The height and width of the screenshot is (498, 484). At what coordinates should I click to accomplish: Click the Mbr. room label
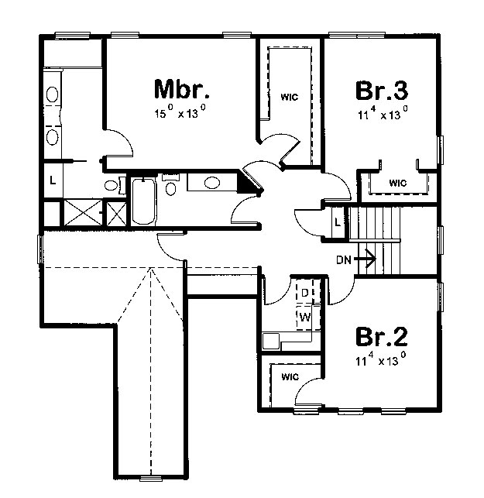pos(182,90)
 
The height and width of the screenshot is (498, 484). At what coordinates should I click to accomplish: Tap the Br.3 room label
pos(382,91)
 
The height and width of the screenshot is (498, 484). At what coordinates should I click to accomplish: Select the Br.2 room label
pos(381,337)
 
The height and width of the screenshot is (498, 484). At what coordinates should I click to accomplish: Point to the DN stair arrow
pos(365,259)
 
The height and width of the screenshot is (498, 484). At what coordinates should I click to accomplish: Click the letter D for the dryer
pos(304,293)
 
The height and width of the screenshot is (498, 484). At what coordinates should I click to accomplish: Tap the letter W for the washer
pos(305,317)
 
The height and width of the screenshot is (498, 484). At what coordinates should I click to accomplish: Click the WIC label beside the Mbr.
pos(290,97)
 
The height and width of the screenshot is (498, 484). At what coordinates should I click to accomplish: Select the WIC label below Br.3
pos(397,183)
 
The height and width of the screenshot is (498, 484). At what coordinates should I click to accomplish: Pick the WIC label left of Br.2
pos(290,376)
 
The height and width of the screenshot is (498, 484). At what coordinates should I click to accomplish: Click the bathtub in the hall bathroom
pos(143,201)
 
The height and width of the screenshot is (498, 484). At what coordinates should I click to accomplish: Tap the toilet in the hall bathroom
pos(170,185)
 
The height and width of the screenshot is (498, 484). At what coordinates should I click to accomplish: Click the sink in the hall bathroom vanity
pos(212,183)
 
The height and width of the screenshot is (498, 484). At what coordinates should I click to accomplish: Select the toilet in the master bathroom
pos(114,185)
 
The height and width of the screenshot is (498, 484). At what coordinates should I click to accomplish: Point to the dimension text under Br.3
pos(383,113)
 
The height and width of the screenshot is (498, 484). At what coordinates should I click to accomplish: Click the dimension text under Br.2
pos(381,359)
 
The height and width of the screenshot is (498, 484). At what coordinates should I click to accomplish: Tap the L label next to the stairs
pos(338,222)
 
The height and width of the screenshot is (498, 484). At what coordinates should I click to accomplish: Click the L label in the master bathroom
pos(53,180)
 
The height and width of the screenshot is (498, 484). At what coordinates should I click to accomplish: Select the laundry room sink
pos(271,341)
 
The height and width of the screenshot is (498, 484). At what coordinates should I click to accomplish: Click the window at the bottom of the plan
pos(152,479)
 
